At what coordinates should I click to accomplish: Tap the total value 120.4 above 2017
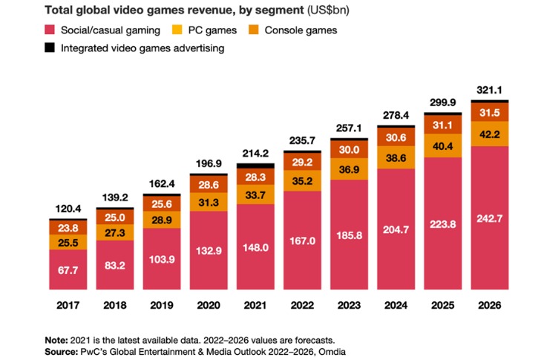[x=68, y=210]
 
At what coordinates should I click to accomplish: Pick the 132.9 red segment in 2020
[x=208, y=250]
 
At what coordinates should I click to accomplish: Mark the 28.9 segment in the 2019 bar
[x=161, y=220]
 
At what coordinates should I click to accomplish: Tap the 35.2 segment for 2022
[x=301, y=180]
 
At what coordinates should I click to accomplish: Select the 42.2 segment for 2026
[x=488, y=134]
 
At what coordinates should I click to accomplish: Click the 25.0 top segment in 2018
[x=114, y=216]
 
